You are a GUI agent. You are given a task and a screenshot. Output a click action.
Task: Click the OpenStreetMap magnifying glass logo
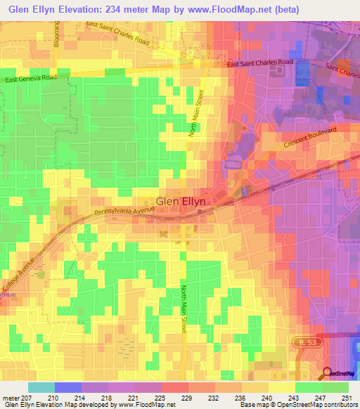click(x=328, y=374)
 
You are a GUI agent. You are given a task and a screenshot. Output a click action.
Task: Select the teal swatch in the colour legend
click(x=41, y=387)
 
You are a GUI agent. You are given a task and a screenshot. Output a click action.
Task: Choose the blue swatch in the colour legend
click(x=68, y=387)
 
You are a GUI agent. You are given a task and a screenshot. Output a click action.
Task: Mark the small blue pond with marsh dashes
click(x=127, y=345)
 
